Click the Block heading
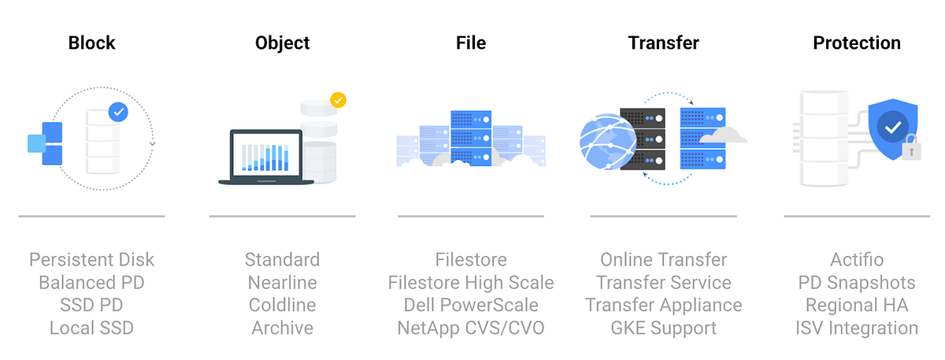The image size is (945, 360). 92,43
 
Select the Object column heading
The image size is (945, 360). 283,43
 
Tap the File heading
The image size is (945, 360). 471,43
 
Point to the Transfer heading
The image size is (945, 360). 664,43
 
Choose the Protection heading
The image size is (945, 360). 857,43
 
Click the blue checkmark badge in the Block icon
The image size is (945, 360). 118,113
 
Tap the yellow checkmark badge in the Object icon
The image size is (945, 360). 338,101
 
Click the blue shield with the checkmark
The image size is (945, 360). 891,128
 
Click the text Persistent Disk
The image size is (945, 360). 92,260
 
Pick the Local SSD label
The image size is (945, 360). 92,328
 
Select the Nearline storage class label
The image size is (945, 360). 283,283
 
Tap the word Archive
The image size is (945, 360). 283,328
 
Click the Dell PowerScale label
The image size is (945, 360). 471,305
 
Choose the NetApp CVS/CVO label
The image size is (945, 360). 471,328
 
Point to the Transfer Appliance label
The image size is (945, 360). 664,305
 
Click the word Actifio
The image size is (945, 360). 857,260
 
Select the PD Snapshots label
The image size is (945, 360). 857,283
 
